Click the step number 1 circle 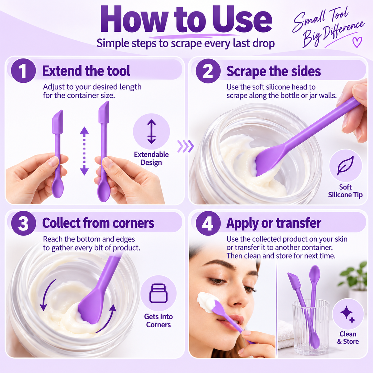click(x=23, y=71)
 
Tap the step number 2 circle click(x=208, y=71)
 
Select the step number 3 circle click(x=23, y=223)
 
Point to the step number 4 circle click(x=208, y=223)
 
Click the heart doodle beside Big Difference click(x=357, y=42)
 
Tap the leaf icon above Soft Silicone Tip click(x=345, y=166)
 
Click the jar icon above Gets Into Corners click(x=158, y=293)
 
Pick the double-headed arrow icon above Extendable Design click(x=151, y=131)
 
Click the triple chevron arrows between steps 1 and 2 click(x=186, y=146)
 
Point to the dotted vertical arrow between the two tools click(x=85, y=151)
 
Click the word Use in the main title click(x=242, y=20)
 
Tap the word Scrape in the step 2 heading click(x=246, y=71)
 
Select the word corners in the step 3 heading click(x=133, y=223)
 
